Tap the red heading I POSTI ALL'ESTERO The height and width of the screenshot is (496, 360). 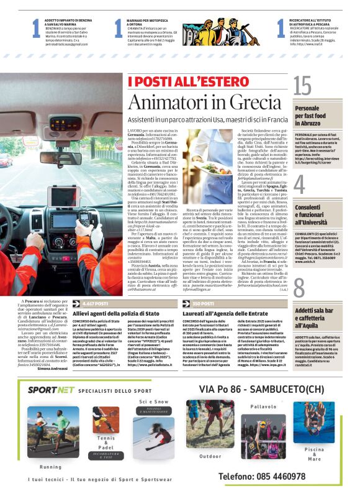click(168, 81)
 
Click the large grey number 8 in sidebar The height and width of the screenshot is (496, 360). click(299, 288)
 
